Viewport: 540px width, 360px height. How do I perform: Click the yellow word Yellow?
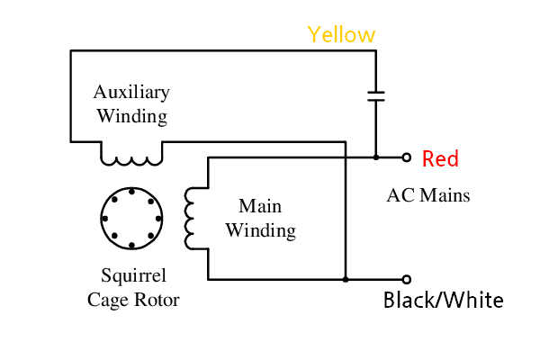(x=341, y=35)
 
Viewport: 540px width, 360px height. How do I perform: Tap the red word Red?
(x=441, y=159)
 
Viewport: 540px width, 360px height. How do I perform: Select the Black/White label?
(x=443, y=300)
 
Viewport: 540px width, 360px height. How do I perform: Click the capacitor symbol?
(x=375, y=96)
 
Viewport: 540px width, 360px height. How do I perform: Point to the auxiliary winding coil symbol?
(x=131, y=158)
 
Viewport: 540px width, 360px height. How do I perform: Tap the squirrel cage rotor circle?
(x=131, y=219)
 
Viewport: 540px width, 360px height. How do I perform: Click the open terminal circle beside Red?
(x=406, y=157)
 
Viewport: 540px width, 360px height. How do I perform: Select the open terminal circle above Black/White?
(x=406, y=279)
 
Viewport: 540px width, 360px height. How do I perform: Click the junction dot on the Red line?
(x=375, y=157)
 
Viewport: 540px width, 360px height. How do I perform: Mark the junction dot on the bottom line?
(x=346, y=279)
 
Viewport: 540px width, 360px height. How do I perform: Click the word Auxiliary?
(x=131, y=93)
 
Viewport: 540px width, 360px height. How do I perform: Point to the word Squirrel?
(x=133, y=276)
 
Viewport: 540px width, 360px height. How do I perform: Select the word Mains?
(x=443, y=194)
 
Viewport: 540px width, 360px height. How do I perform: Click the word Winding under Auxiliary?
(x=131, y=116)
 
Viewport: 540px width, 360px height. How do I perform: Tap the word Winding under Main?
(x=260, y=230)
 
